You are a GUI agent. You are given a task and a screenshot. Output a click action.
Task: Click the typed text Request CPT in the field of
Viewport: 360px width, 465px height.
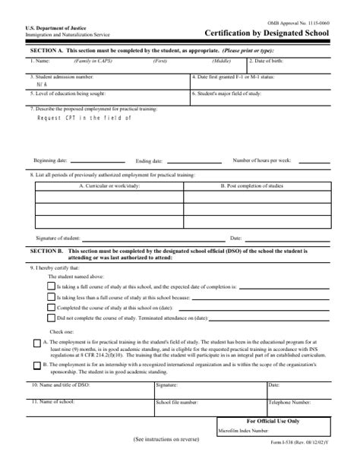pyautogui.click(x=84, y=118)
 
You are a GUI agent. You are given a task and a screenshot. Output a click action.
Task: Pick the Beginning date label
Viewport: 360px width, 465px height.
pyautogui.click(x=51, y=160)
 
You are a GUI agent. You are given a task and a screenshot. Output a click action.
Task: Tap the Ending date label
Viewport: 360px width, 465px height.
pyautogui.click(x=149, y=161)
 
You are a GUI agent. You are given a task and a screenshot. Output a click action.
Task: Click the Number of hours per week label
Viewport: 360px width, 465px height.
pyautogui.click(x=262, y=160)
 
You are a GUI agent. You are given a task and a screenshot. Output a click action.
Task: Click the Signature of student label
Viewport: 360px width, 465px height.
pyautogui.click(x=58, y=238)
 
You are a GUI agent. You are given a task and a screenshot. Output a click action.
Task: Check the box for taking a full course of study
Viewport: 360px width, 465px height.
pyautogui.click(x=51, y=288)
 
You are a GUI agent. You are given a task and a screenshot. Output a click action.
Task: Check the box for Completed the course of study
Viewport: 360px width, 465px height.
pyautogui.click(x=51, y=308)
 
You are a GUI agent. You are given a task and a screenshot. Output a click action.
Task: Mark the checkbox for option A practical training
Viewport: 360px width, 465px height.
pyautogui.click(x=36, y=343)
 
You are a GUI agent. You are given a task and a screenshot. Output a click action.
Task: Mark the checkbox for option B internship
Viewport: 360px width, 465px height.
pyautogui.click(x=36, y=365)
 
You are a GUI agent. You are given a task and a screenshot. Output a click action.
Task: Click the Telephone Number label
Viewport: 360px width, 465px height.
pyautogui.click(x=291, y=401)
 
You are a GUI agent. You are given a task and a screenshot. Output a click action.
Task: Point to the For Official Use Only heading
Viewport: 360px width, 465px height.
pyautogui.click(x=273, y=420)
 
